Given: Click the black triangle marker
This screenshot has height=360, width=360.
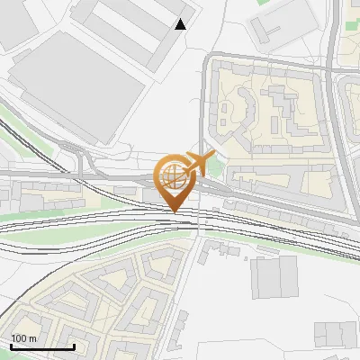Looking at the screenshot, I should pyautogui.click(x=181, y=24).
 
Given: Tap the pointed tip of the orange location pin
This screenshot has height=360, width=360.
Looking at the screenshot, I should pyautogui.click(x=175, y=212).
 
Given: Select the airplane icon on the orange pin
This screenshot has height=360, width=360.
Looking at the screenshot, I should pyautogui.click(x=199, y=163).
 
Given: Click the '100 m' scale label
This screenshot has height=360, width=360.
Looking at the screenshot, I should pyautogui.click(x=24, y=338).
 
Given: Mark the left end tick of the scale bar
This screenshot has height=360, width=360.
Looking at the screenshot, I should pyautogui.click(x=11, y=346).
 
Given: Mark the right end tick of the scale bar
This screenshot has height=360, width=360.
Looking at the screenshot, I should pyautogui.click(x=74, y=346).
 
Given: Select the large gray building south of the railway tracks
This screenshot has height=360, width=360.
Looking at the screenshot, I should pyautogui.click(x=272, y=277).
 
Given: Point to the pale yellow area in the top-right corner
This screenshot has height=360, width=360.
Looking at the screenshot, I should pyautogui.click(x=349, y=27).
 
